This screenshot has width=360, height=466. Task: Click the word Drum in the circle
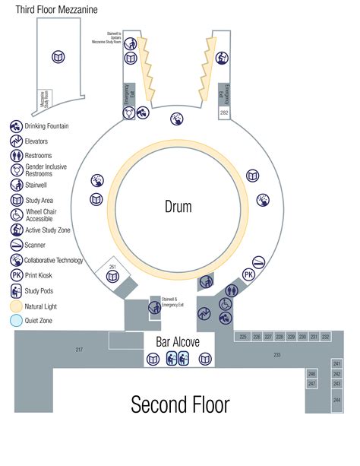point(178,206)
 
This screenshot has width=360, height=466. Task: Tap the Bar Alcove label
point(178,342)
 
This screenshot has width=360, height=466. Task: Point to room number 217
point(79,350)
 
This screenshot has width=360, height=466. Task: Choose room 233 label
point(277,355)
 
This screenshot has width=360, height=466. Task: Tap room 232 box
point(325,336)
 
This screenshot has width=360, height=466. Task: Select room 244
point(336,399)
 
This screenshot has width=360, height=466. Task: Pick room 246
point(311,374)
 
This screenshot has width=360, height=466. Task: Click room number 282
point(224,113)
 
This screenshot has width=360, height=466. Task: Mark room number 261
point(112,267)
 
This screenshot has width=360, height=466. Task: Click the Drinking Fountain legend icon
point(16,126)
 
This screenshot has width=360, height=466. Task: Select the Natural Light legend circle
point(16,306)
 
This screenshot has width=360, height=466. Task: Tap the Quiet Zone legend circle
point(16,321)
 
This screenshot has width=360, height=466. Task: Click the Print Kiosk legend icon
point(16,275)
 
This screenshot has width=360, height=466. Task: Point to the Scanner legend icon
point(16,246)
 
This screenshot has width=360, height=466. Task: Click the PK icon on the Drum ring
point(248,274)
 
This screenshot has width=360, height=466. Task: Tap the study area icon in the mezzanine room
point(57,56)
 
